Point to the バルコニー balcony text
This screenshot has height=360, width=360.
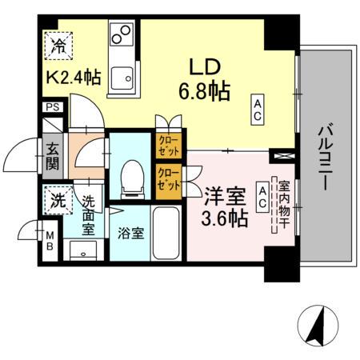click(x=326, y=156)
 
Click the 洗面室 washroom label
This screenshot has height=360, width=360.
click(x=90, y=214)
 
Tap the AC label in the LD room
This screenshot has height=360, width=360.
click(x=258, y=108)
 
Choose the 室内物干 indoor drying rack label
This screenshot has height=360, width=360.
click(x=282, y=204)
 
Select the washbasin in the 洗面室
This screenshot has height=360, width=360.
click(x=82, y=252)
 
